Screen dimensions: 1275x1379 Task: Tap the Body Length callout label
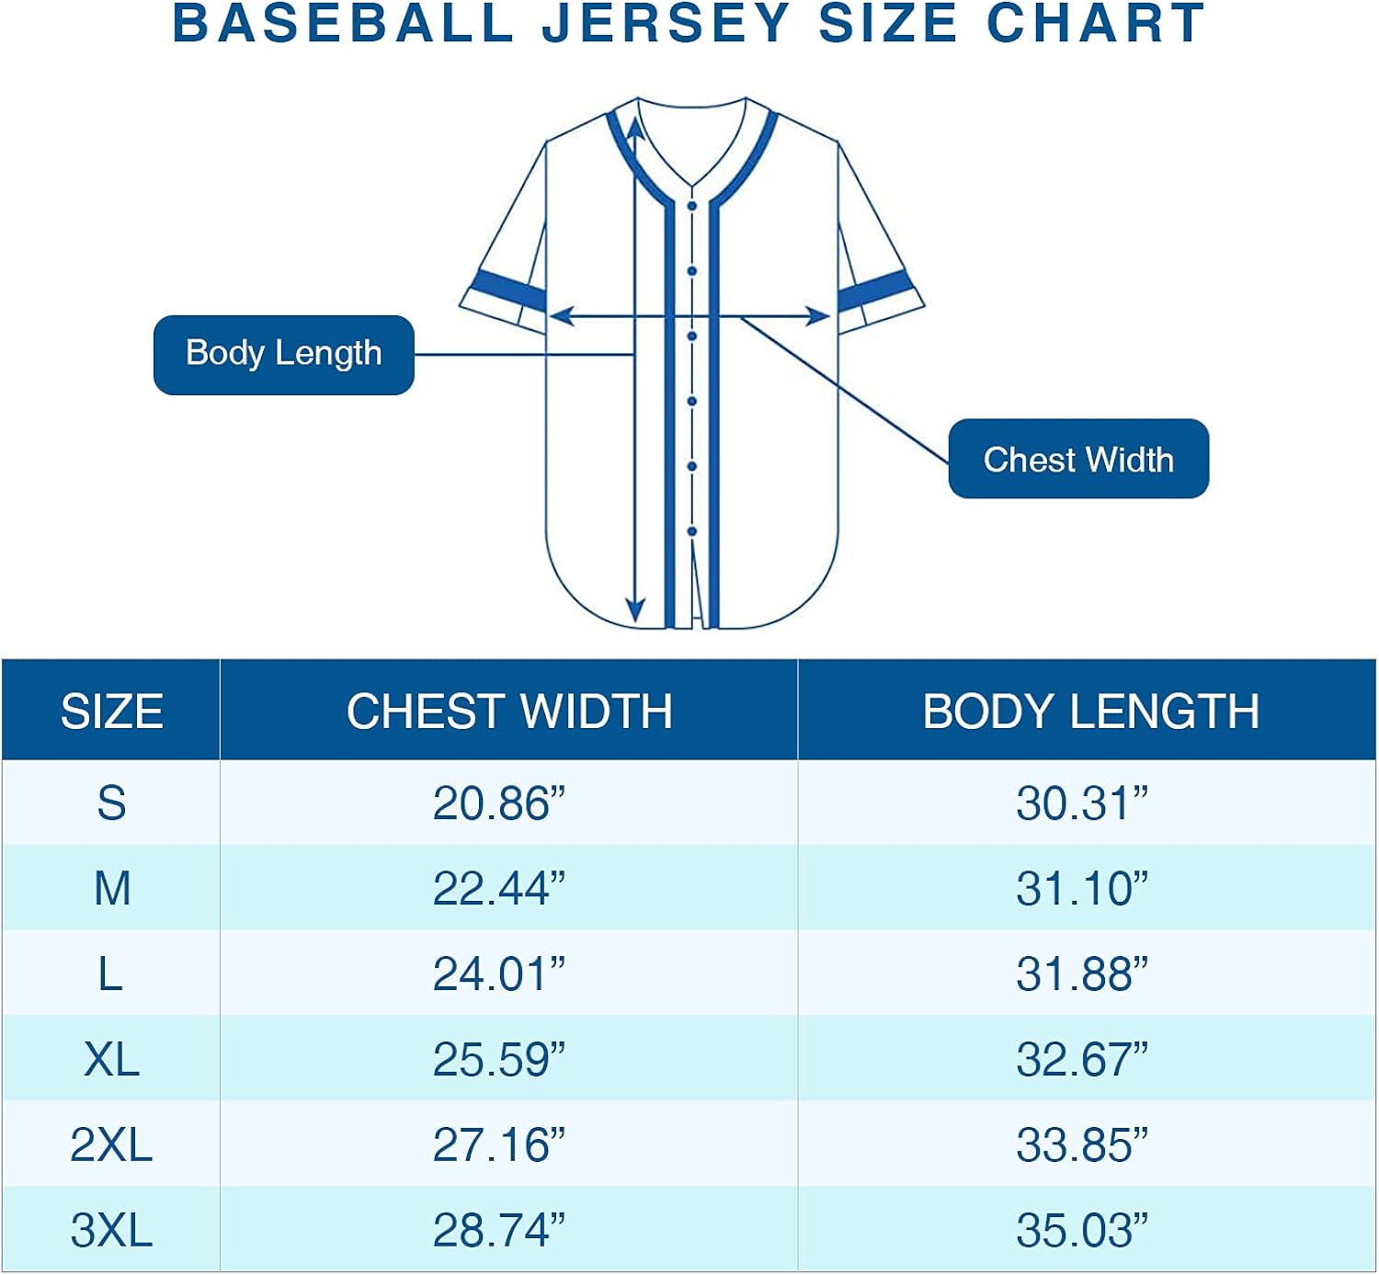click(283, 354)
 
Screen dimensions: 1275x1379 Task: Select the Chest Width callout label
click(1077, 459)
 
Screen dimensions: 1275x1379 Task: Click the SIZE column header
click(111, 711)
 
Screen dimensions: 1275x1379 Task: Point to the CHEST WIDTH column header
click(508, 711)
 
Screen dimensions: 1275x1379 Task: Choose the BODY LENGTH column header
click(1090, 711)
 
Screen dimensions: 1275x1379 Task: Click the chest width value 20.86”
click(498, 803)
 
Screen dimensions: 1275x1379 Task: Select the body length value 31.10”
click(1081, 889)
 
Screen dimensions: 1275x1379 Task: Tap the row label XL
click(111, 1060)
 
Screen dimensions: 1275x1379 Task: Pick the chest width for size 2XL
click(498, 1145)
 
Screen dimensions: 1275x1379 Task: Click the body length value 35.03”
click(1081, 1231)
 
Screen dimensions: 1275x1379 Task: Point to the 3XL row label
click(111, 1231)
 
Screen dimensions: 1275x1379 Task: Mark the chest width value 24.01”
click(498, 974)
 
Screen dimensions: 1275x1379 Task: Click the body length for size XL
click(1081, 1060)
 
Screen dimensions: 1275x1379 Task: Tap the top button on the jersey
click(692, 206)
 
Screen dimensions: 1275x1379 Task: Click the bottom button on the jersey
click(692, 531)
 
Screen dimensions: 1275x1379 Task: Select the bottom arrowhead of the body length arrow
click(635, 610)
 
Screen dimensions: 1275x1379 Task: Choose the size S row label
click(111, 803)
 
